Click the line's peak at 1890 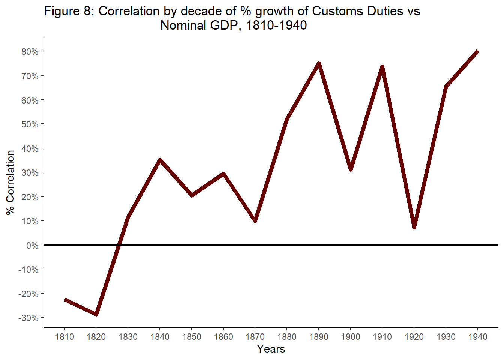click(x=319, y=63)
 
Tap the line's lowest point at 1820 click(x=96, y=314)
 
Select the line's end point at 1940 click(x=477, y=51)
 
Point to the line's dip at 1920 click(x=414, y=227)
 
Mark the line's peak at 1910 click(x=382, y=67)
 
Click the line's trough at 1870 click(x=255, y=220)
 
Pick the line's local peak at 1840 click(x=160, y=160)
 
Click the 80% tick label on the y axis click(x=30, y=52)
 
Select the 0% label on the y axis click(x=32, y=246)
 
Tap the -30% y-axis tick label click(x=28, y=318)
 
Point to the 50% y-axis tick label click(x=30, y=124)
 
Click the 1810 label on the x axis click(x=64, y=337)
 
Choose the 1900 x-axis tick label click(x=351, y=337)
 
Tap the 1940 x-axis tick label click(x=478, y=337)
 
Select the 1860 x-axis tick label click(x=223, y=337)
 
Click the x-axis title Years click(x=271, y=349)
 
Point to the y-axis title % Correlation click(x=10, y=182)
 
